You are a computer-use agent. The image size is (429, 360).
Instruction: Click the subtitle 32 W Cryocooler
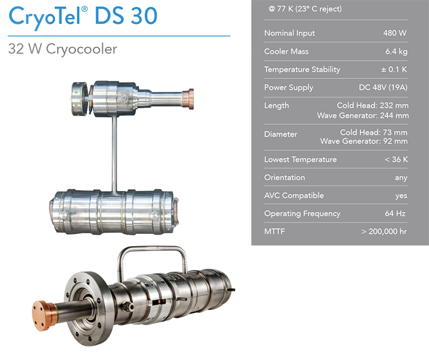coord(62,49)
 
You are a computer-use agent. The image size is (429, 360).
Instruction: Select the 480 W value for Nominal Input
coord(395,33)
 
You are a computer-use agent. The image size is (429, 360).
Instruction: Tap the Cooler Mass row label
coord(286,51)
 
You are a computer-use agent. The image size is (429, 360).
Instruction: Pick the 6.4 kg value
coord(396,51)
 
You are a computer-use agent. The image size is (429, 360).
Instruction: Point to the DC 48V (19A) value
coord(383,88)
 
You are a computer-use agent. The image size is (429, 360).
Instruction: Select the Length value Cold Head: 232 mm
coord(373,105)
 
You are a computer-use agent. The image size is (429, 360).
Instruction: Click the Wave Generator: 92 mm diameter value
coord(364,141)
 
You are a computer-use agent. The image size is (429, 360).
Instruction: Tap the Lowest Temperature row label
coord(300,160)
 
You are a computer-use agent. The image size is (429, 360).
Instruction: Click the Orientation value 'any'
coord(401,178)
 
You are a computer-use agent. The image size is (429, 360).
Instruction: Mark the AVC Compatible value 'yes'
coord(401,195)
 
